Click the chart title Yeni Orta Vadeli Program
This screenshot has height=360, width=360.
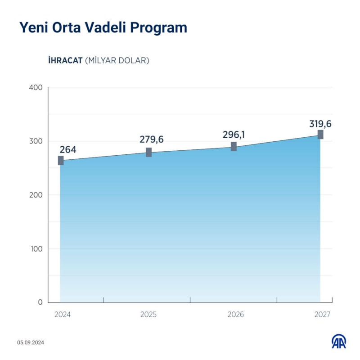103,28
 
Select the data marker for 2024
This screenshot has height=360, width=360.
61,161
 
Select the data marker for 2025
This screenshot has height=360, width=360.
148,152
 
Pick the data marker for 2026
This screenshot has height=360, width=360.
234,146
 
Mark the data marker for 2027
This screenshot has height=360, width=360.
320,135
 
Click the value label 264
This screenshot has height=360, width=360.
67,149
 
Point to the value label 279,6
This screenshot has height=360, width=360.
152,139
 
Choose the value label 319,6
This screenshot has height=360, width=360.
320,124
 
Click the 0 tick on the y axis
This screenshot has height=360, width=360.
40,302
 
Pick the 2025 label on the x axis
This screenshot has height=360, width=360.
148,315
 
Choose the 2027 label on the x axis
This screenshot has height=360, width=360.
322,315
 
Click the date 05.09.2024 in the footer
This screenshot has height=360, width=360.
31,343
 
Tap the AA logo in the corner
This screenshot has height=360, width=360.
339,342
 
